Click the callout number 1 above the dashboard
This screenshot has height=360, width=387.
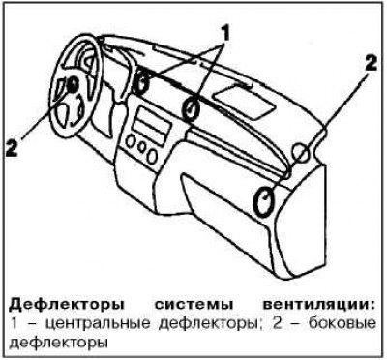point(225,34)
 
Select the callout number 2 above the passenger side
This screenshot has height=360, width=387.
point(371,62)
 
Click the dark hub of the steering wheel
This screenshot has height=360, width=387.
point(73,84)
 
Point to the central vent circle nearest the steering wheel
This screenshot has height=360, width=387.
point(142,82)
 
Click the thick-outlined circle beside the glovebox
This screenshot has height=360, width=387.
point(264,200)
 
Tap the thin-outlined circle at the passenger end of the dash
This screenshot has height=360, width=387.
point(301,152)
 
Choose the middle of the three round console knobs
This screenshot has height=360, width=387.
point(141,147)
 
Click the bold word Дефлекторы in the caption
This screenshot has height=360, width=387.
point(67,304)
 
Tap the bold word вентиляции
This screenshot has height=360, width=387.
point(319,305)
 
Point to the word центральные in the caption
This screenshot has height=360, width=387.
point(98,323)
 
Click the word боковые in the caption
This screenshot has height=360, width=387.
point(342,323)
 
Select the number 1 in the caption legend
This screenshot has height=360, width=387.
point(15,323)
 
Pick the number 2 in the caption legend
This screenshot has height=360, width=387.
point(278,323)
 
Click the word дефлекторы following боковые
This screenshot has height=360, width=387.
point(58,343)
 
